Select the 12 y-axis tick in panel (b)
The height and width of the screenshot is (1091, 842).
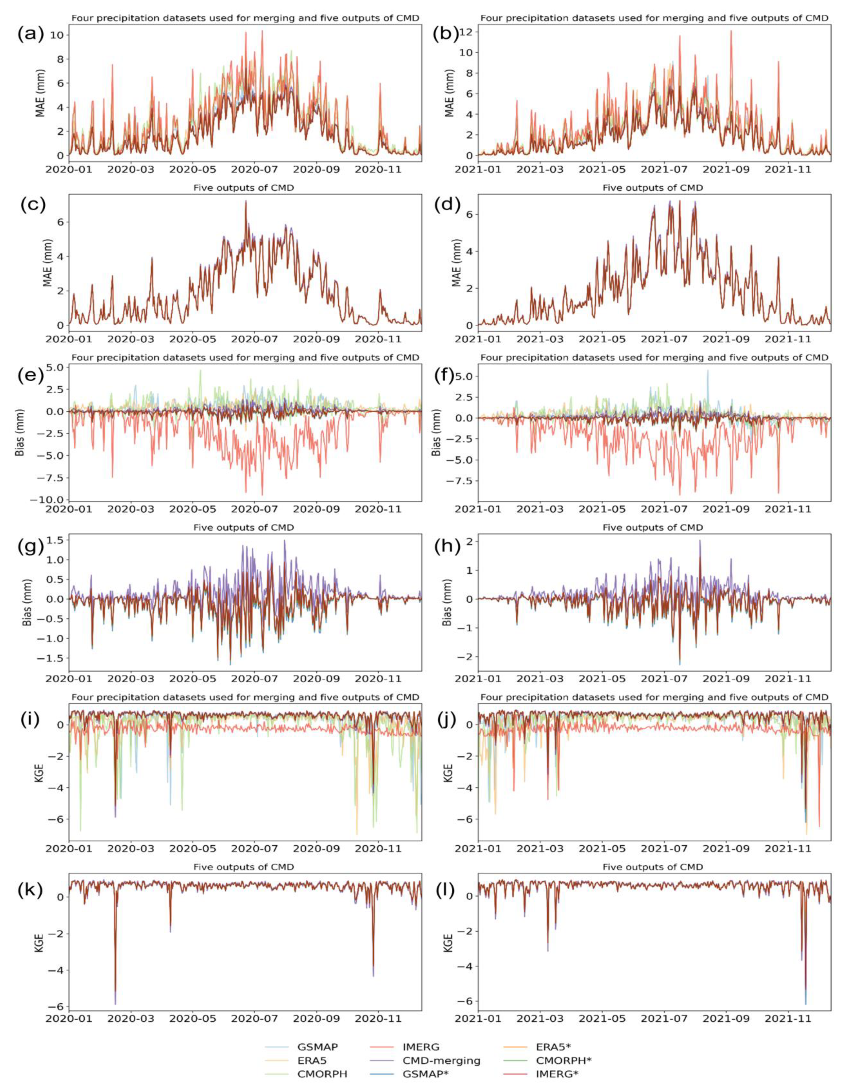[x=467, y=31]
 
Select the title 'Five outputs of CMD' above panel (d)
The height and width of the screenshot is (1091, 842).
[x=653, y=188]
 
